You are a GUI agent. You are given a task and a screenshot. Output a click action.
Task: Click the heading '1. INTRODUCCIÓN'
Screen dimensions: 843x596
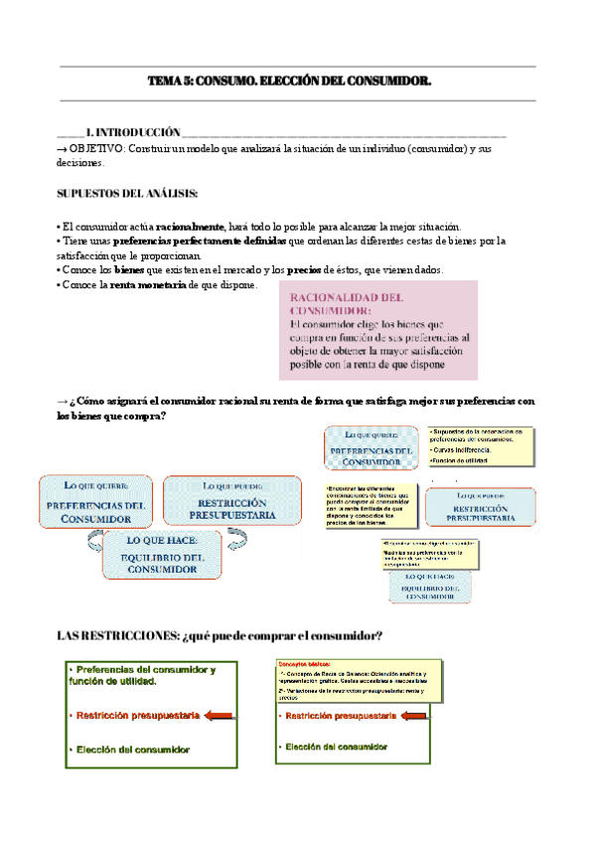pos(133,132)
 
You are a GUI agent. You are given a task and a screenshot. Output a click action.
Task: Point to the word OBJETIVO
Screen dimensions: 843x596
pos(96,148)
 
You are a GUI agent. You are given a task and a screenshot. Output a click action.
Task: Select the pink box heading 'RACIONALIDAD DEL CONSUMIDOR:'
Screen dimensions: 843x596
pos(346,303)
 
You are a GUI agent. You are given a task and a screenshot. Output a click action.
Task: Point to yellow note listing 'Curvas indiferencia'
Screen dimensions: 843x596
pos(481,446)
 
